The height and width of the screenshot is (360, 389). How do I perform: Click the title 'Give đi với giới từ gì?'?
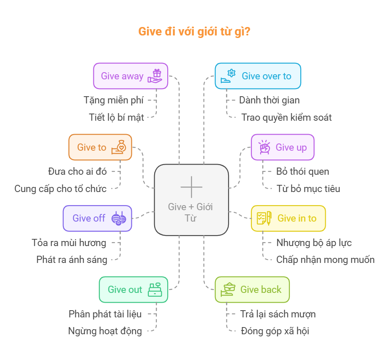(x=194, y=32)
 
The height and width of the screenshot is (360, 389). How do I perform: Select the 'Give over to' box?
(x=258, y=76)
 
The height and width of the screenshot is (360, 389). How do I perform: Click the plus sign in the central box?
(x=191, y=187)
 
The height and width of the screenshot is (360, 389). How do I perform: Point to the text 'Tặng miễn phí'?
(x=114, y=100)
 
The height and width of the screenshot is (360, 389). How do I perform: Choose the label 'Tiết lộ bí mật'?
(x=116, y=117)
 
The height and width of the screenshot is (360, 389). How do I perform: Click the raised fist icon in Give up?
(x=264, y=147)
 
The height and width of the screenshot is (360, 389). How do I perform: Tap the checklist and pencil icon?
(x=264, y=218)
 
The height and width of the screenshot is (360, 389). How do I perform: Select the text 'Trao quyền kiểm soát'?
(x=286, y=117)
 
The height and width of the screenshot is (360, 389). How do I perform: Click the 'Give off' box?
(x=97, y=218)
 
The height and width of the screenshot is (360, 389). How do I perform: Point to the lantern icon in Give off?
(x=119, y=218)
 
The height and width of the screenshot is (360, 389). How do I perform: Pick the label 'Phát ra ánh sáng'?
(x=72, y=260)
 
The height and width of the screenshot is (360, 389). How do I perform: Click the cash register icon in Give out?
(x=155, y=289)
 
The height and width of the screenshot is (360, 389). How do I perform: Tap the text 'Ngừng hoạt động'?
(x=105, y=331)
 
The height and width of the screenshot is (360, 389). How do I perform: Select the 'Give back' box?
(x=252, y=290)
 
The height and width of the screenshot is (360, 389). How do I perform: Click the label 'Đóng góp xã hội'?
(x=275, y=331)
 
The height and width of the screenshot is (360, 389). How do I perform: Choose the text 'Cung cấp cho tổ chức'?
(x=60, y=188)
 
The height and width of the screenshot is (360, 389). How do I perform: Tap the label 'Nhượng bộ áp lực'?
(x=314, y=243)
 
